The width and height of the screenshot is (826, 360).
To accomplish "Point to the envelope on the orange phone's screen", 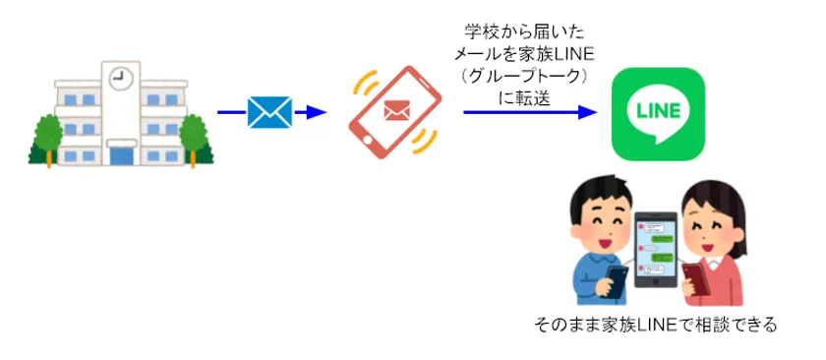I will [x=395, y=110].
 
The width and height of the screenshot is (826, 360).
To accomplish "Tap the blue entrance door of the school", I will [x=122, y=155].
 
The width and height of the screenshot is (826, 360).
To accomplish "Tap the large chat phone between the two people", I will [x=653, y=252].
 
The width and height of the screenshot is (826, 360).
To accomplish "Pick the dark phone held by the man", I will [x=618, y=280].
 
